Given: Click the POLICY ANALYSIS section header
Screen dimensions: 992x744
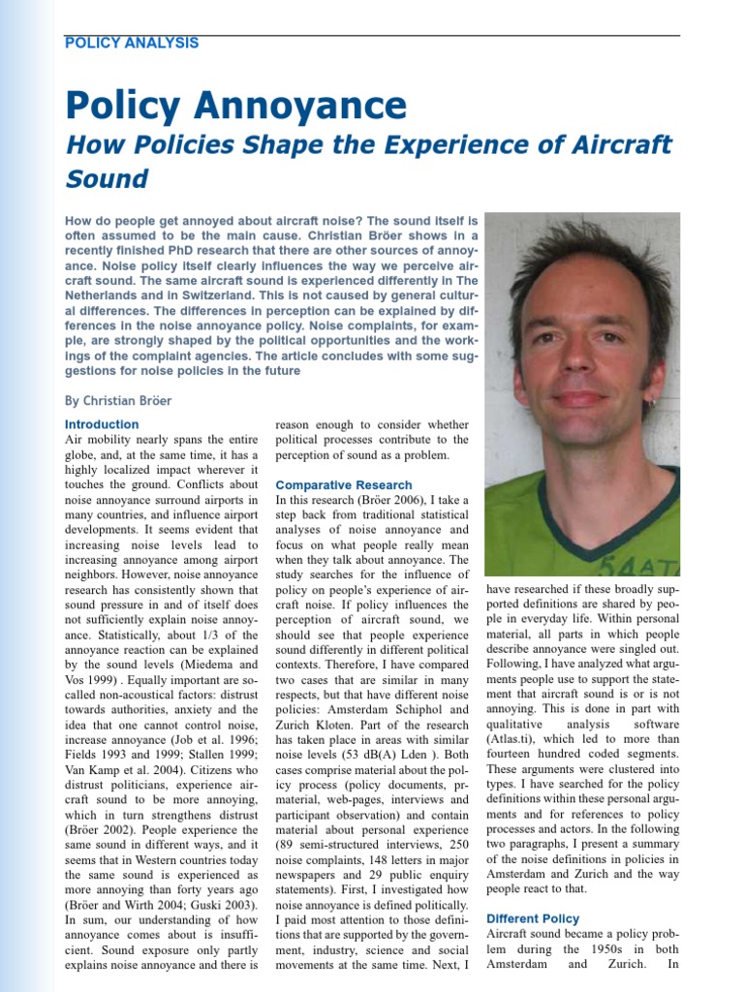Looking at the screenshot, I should tap(131, 43).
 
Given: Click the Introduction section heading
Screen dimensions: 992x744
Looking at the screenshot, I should tap(102, 424).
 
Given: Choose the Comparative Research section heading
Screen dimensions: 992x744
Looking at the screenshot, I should tap(344, 484).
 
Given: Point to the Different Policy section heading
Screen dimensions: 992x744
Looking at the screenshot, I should tap(533, 918).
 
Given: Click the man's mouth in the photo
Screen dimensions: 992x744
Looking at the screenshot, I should tap(579, 398).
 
